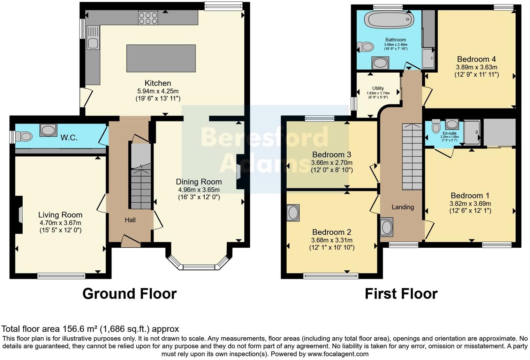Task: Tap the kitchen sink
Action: [93, 43]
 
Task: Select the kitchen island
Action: [161, 58]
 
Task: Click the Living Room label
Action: [60, 215]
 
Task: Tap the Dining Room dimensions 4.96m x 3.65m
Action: [199, 190]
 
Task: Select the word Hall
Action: [130, 220]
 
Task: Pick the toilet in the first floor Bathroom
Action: [365, 46]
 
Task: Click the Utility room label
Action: [378, 88]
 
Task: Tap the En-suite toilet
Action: [436, 127]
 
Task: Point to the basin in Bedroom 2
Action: [293, 212]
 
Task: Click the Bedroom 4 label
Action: [476, 59]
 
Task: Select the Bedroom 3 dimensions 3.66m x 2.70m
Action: [332, 163]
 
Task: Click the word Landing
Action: [403, 207]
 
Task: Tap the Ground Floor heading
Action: [129, 294]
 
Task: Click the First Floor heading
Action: [401, 294]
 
